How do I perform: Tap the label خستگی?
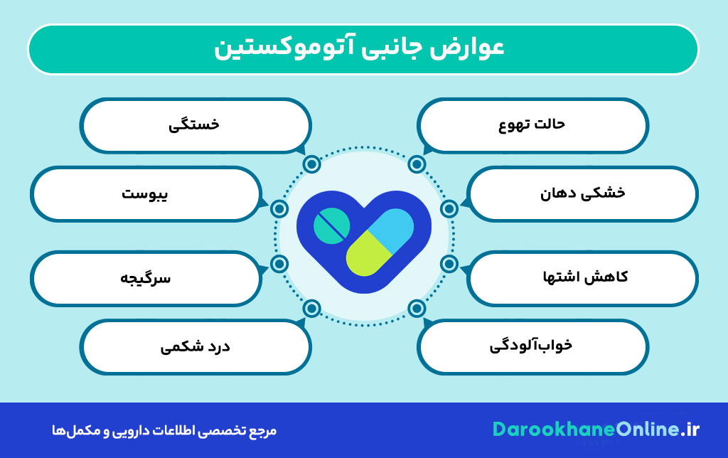[x=193, y=124]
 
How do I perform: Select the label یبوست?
[x=144, y=193]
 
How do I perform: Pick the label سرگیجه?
[x=145, y=278]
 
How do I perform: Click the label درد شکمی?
[x=195, y=346]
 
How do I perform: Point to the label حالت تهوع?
[x=532, y=124]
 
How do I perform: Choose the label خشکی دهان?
[x=583, y=193]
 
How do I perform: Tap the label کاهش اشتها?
[x=585, y=277]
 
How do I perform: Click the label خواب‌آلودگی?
[x=530, y=346]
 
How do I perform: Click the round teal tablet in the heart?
[x=331, y=225]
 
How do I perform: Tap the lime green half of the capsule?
[x=368, y=254]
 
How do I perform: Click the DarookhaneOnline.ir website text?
[x=596, y=430]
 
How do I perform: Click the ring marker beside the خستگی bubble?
[x=311, y=164]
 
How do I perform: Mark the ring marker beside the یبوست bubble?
[x=279, y=209]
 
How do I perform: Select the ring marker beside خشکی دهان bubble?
[x=449, y=209]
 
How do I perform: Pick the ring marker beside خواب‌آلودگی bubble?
[x=417, y=308]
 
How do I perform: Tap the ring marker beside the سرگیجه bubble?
[x=279, y=264]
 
